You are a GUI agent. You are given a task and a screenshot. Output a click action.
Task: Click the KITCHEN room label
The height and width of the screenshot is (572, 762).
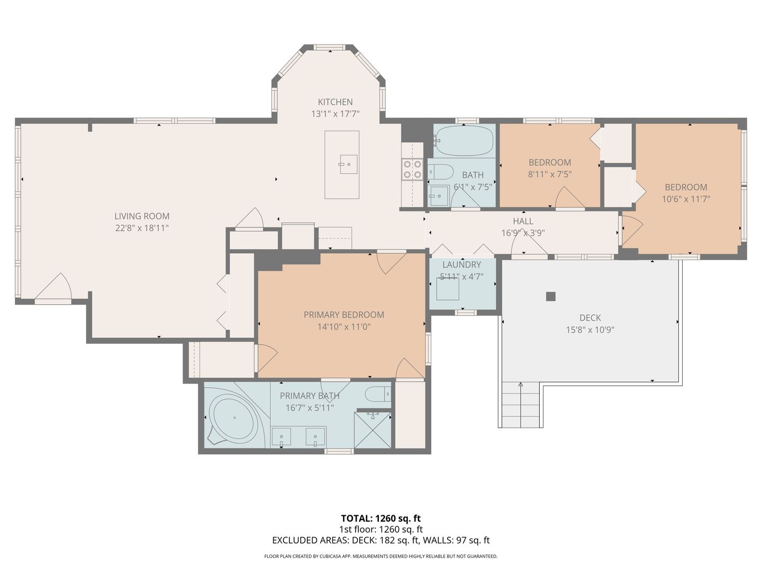(335, 102)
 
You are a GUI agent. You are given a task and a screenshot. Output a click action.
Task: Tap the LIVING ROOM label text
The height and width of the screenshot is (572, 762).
(142, 216)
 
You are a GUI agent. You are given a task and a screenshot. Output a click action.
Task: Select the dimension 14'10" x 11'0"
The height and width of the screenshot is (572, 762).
(343, 327)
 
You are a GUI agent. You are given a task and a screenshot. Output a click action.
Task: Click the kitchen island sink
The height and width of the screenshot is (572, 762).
(349, 164)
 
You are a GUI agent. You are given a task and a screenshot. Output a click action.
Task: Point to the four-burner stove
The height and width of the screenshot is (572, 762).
(412, 169)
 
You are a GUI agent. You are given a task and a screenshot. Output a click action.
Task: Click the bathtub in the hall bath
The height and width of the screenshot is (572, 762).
(464, 140)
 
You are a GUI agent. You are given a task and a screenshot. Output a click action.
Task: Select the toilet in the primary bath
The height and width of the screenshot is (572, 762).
(378, 394)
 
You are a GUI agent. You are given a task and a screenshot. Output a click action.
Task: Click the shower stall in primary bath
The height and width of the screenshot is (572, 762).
(373, 430)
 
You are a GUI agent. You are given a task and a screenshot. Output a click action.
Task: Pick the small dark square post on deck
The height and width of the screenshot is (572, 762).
(550, 297)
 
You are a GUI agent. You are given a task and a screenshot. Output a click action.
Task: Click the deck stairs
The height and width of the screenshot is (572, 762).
(520, 405)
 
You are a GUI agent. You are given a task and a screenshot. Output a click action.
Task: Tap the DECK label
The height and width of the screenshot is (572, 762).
(590, 318)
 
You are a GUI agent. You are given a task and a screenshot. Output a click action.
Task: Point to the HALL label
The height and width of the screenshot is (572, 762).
(523, 221)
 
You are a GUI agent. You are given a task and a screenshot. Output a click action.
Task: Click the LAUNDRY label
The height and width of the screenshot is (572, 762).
(461, 265)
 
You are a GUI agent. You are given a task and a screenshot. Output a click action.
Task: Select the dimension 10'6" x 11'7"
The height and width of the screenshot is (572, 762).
(686, 199)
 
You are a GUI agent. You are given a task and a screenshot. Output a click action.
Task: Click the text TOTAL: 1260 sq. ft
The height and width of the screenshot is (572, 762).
(381, 518)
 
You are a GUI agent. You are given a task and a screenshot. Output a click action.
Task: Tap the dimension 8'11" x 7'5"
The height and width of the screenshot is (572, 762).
(550, 174)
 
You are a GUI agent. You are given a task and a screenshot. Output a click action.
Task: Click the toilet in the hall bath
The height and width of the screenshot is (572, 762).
(440, 172)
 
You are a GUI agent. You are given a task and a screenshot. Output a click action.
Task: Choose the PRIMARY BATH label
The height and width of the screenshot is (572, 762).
(310, 396)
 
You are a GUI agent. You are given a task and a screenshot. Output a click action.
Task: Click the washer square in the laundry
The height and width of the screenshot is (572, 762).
(448, 289)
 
